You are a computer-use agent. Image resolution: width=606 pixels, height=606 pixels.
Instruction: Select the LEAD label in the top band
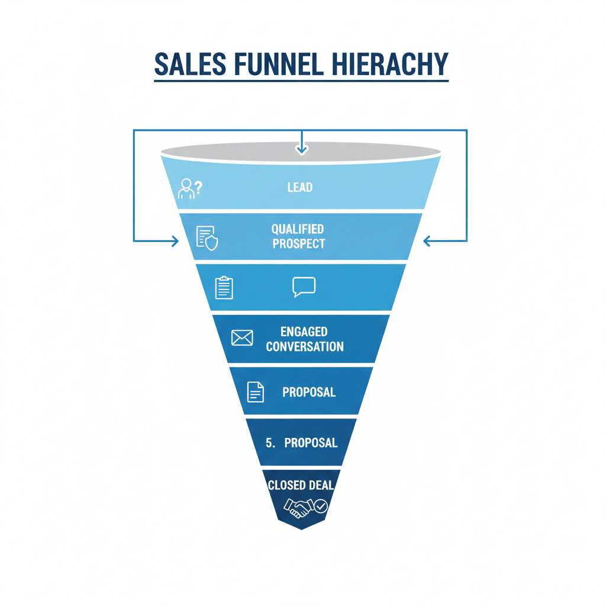(x=300, y=187)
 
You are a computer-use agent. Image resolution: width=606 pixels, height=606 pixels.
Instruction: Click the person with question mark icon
(x=190, y=188)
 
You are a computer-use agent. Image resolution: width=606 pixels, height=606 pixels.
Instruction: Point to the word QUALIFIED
(x=298, y=229)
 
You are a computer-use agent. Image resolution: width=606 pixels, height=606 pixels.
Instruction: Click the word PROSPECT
(x=299, y=243)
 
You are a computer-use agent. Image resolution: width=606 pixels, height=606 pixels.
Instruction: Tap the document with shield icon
(x=207, y=237)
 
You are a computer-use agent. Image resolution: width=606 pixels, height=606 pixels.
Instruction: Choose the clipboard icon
(x=224, y=288)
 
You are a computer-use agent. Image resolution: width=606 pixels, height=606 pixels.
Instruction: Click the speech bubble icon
(x=304, y=287)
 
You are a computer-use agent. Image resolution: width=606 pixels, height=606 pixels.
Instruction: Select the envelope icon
(x=242, y=338)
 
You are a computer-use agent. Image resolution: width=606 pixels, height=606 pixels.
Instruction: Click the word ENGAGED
(x=304, y=332)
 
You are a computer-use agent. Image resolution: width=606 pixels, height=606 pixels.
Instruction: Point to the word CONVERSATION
(x=305, y=347)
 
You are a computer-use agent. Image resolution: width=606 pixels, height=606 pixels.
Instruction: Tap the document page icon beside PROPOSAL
(x=255, y=392)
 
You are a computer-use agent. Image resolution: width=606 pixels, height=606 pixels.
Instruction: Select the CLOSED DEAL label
(x=301, y=485)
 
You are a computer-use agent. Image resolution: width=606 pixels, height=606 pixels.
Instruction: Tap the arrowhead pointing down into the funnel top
(x=302, y=150)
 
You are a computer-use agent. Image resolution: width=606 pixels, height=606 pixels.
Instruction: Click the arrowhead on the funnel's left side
(x=175, y=241)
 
